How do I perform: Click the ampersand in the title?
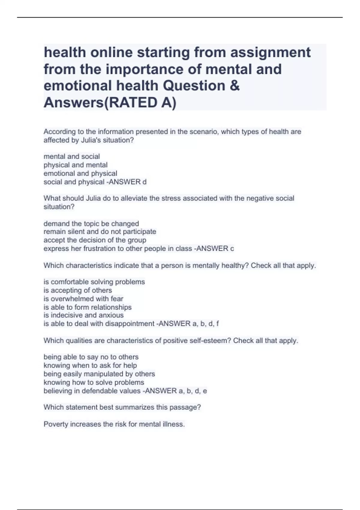click(235, 86)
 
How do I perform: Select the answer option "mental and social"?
click(72, 156)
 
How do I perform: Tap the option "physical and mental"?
click(76, 165)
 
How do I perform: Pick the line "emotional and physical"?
click(80, 173)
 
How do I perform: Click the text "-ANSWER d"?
click(127, 182)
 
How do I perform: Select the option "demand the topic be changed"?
click(91, 223)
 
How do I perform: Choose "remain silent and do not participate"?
click(100, 232)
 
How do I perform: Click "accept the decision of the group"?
click(95, 240)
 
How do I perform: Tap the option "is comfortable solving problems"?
click(94, 282)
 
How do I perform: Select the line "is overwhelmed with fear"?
click(83, 298)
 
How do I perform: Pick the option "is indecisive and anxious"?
click(84, 315)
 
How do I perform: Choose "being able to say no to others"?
click(91, 357)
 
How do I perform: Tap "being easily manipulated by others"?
click(99, 374)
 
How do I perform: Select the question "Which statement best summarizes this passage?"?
click(122, 407)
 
